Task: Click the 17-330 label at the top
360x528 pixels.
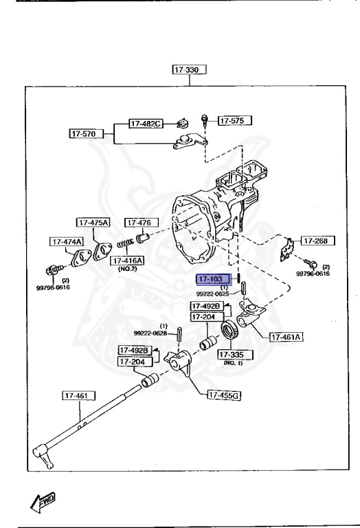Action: pyautogui.click(x=190, y=69)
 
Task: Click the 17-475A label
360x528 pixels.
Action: pyautogui.click(x=93, y=223)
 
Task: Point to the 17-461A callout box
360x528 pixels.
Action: pyautogui.click(x=287, y=337)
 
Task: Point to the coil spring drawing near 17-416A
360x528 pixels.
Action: pyautogui.click(x=124, y=243)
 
